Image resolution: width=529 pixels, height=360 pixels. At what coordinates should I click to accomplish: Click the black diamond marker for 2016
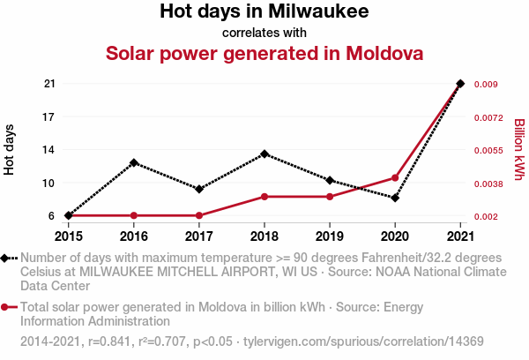point(134,163)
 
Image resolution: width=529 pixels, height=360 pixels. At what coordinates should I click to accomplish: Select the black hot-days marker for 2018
point(264,154)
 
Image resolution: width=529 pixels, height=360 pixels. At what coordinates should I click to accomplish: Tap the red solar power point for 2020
point(395,178)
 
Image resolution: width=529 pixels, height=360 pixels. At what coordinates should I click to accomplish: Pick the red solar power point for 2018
point(264,197)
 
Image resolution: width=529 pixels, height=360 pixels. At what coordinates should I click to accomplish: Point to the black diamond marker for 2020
point(395,198)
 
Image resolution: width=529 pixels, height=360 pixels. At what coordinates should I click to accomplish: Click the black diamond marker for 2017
point(199,189)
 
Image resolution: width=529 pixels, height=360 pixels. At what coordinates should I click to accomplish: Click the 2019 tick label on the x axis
point(330,236)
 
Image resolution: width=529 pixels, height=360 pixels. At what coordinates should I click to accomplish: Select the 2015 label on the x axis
point(69,236)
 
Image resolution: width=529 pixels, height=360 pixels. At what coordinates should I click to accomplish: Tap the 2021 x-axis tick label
point(460,236)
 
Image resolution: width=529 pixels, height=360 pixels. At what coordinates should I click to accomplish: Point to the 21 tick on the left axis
point(49,84)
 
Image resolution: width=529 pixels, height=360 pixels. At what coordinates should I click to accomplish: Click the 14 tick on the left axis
point(49,150)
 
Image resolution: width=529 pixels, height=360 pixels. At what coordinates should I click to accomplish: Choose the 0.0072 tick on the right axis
point(490,117)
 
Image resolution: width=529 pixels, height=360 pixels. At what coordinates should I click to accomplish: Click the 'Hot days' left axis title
point(10,150)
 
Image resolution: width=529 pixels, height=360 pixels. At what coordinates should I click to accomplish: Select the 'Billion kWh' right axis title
point(519,150)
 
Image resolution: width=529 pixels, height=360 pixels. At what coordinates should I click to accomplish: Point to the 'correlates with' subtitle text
point(264,33)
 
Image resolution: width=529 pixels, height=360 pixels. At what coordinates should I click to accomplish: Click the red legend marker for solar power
point(6,307)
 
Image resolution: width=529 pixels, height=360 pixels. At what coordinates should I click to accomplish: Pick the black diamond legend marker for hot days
point(6,258)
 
